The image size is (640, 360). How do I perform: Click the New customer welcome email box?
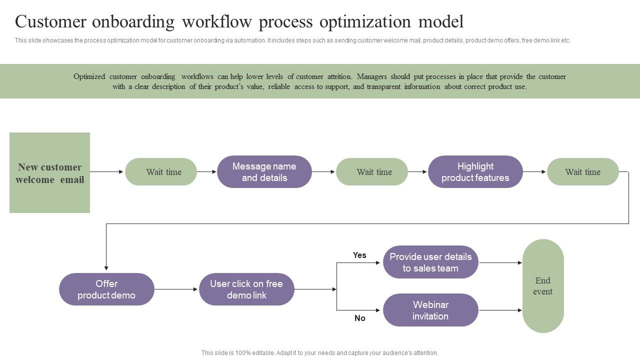point(49,172)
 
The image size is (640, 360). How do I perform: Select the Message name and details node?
point(264,172)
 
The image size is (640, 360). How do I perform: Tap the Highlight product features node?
point(475,172)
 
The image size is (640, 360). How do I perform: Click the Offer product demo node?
point(106,289)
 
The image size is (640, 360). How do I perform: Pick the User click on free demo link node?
point(246,289)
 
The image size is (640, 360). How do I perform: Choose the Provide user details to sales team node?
point(430,262)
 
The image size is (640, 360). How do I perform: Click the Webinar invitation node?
point(430,310)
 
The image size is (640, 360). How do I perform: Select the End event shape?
point(543,286)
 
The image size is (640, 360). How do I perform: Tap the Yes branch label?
point(359,255)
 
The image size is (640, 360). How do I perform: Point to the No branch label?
point(359,318)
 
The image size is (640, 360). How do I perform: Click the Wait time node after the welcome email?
point(161,172)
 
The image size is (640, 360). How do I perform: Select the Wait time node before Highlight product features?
point(372,172)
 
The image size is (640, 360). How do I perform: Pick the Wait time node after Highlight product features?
point(582,172)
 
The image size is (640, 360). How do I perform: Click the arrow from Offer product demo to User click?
point(176,289)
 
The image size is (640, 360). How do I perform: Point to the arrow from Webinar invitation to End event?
point(500,310)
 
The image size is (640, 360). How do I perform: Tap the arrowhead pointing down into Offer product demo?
point(106,268)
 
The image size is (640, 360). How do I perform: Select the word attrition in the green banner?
point(339,76)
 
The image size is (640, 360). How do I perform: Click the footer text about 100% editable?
point(319,353)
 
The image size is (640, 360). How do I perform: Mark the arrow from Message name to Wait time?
point(323,172)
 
